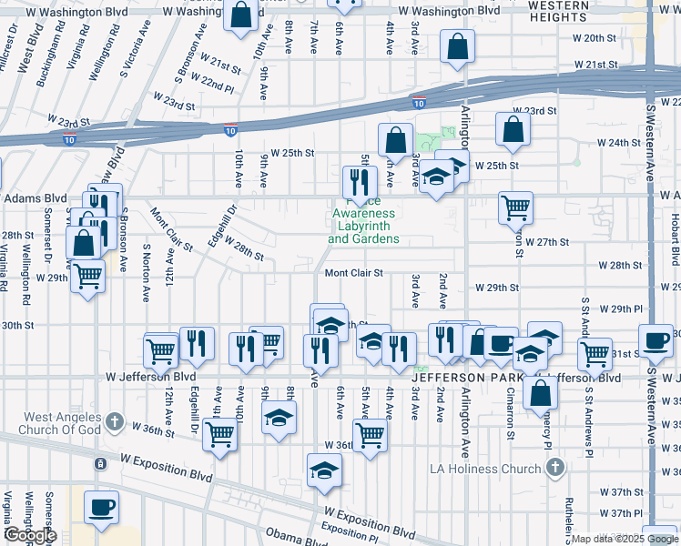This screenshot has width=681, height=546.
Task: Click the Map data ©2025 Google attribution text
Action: [625, 539]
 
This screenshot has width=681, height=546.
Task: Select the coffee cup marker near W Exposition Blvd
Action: [101, 506]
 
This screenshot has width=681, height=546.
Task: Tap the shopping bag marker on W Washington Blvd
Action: [240, 15]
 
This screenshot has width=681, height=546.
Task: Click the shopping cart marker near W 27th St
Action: [515, 207]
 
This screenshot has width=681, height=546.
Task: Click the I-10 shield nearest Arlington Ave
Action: [418, 102]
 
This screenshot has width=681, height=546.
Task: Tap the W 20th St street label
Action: [596, 38]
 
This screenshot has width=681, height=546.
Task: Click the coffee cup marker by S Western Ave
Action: [656, 339]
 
